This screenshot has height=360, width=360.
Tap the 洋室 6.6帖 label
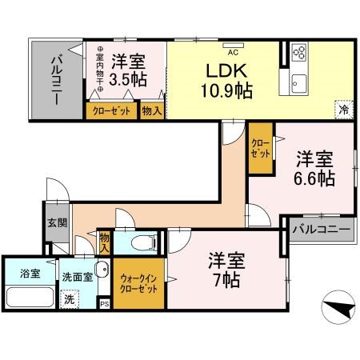[315, 167]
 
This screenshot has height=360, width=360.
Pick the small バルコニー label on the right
[320, 230]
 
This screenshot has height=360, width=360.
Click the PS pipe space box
[104, 303]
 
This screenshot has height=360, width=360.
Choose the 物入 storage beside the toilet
[105, 241]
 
